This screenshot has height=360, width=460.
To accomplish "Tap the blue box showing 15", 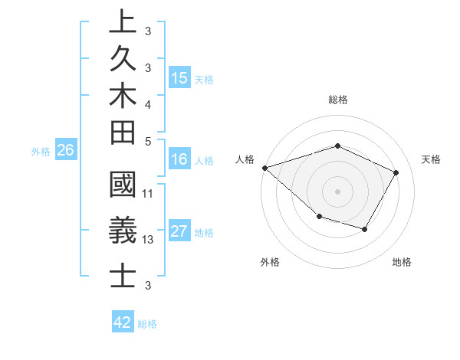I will [x=179, y=78].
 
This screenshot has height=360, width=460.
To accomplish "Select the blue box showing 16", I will [x=179, y=159].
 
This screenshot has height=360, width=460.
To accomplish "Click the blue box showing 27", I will [x=179, y=232].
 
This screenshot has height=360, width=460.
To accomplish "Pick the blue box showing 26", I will [x=65, y=150].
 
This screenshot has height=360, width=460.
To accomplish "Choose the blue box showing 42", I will [x=123, y=322].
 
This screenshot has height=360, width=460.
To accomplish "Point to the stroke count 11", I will [x=149, y=193].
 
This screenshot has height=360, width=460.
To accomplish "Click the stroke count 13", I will [x=149, y=240].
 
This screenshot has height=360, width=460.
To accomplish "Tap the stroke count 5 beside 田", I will [x=148, y=140].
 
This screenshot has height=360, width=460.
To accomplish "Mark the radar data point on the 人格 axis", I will [x=264, y=168].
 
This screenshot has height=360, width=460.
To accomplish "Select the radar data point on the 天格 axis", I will [x=396, y=172].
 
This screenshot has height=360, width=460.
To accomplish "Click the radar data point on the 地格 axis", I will [x=365, y=229].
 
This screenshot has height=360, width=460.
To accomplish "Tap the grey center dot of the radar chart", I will [x=337, y=191].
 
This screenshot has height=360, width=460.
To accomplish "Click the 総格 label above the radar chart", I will [x=337, y=100].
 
